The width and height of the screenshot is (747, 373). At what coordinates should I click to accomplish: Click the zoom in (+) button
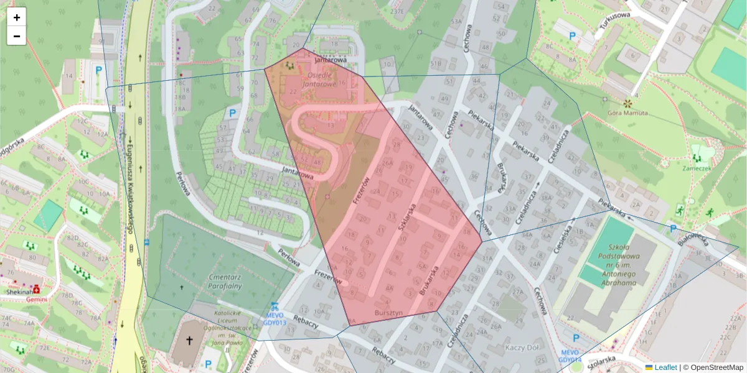17,17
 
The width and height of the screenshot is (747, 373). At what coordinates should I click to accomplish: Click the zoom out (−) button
17,36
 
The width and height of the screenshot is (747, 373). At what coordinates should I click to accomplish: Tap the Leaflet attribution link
665,367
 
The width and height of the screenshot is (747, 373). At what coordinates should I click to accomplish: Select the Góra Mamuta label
627,113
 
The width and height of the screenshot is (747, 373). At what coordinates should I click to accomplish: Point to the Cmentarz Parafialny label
216,280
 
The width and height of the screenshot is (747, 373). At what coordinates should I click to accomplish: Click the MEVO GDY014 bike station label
570,356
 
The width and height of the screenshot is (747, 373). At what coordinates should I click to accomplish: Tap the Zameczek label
696,168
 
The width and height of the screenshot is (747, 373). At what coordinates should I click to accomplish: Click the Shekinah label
19,291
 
